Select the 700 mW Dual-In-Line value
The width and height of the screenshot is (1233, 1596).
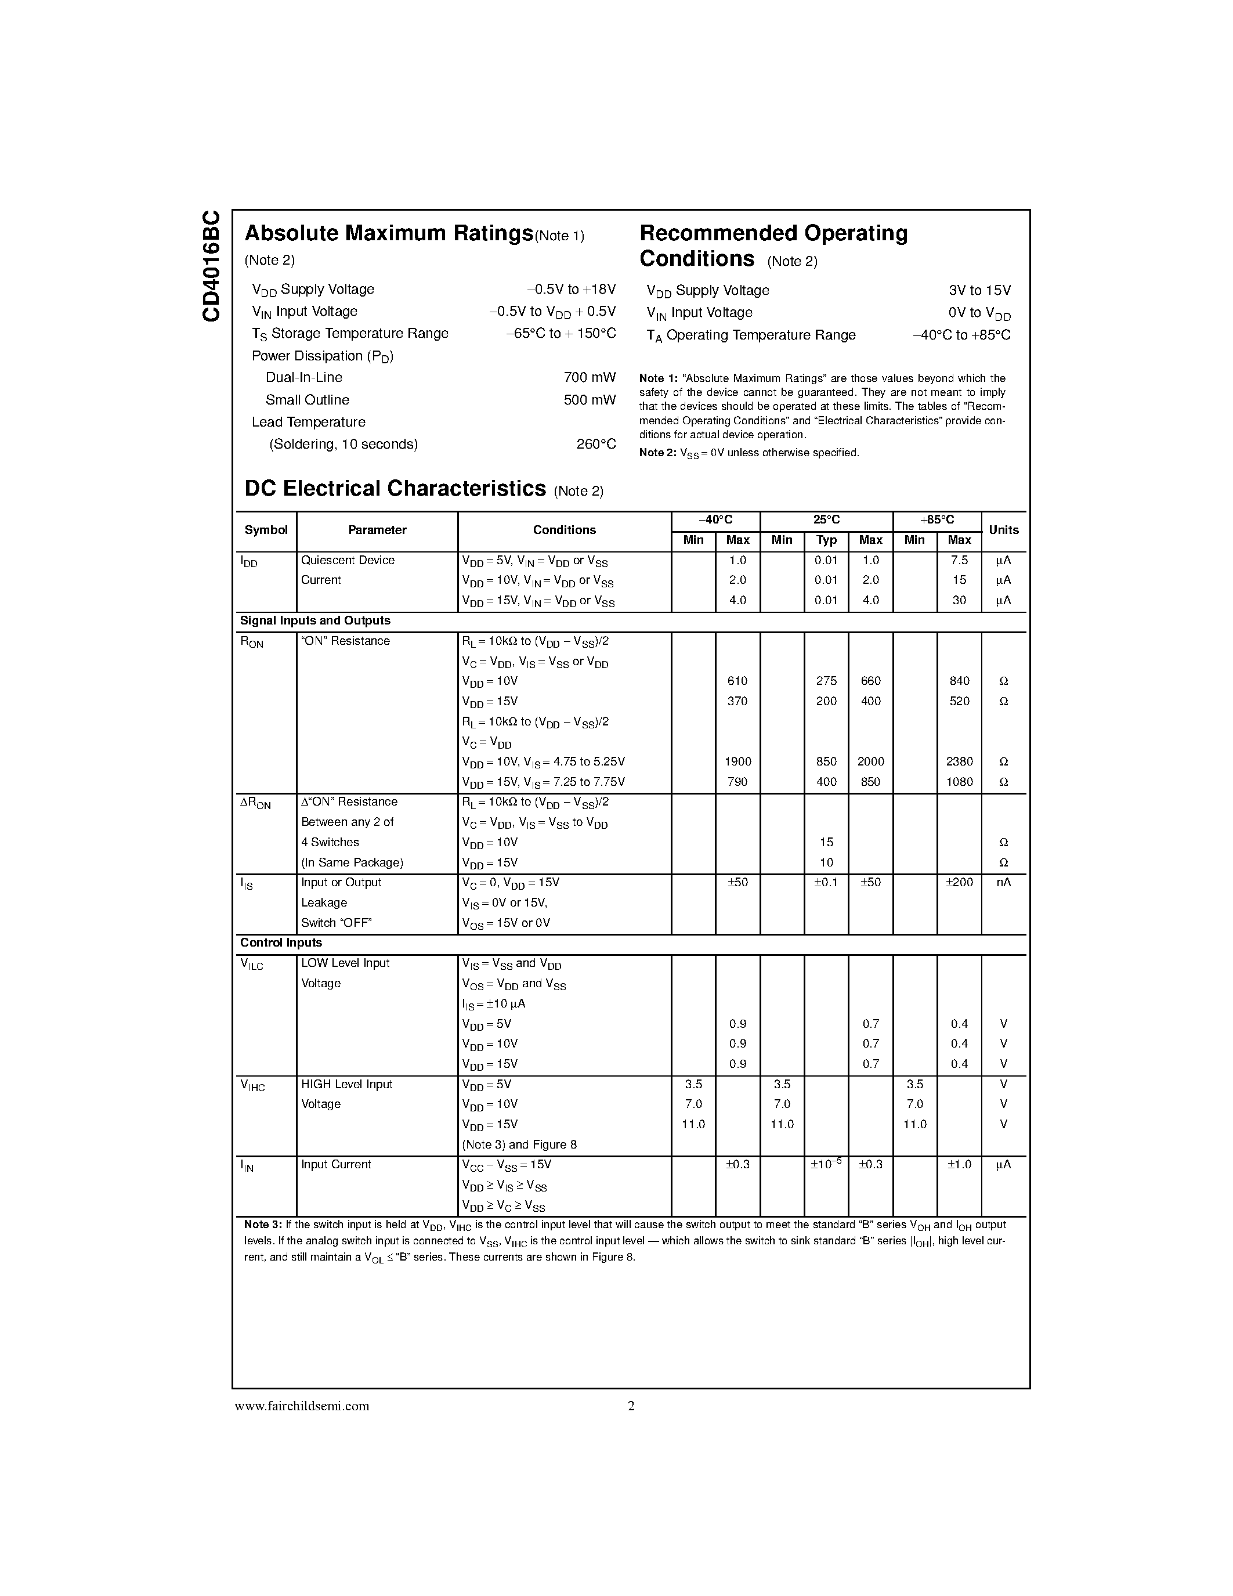589,378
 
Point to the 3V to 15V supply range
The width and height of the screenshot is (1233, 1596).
979,290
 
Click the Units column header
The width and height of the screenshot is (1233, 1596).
1003,530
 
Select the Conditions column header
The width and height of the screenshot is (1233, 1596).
564,530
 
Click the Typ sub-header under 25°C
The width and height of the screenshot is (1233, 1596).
826,540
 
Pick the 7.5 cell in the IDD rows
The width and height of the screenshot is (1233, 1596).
959,561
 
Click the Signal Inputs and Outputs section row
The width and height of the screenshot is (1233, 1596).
315,621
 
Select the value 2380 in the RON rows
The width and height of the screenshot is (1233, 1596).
959,761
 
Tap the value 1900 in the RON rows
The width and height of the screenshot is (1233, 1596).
737,761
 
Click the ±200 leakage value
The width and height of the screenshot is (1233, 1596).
959,883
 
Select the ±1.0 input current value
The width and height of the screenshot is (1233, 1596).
959,1165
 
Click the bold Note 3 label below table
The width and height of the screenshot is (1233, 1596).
262,1225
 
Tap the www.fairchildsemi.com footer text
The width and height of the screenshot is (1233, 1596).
302,1406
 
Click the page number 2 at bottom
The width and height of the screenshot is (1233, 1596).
631,1406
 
